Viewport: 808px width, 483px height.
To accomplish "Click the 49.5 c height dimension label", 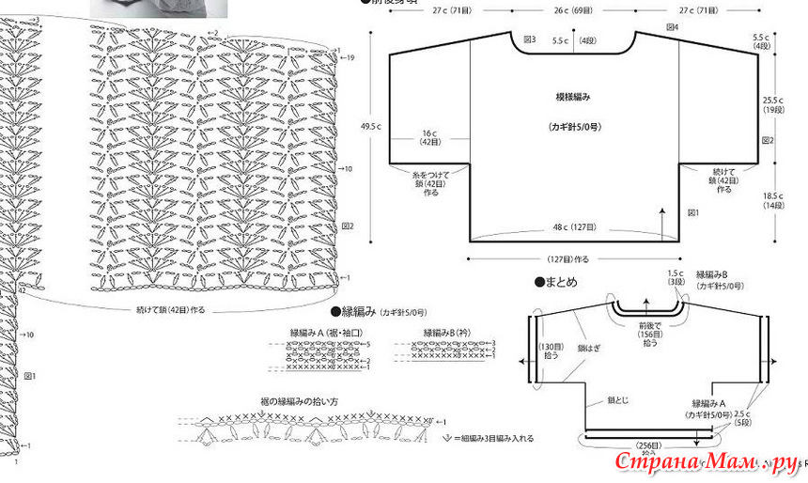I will [370, 126].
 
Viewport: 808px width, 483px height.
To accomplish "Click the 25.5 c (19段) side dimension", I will [773, 104].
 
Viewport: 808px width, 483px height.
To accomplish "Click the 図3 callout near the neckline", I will [530, 40].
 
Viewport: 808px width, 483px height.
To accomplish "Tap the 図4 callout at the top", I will [673, 28].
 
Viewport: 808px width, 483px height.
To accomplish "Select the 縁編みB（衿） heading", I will [450, 333].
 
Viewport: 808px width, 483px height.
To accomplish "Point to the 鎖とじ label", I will [617, 400].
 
